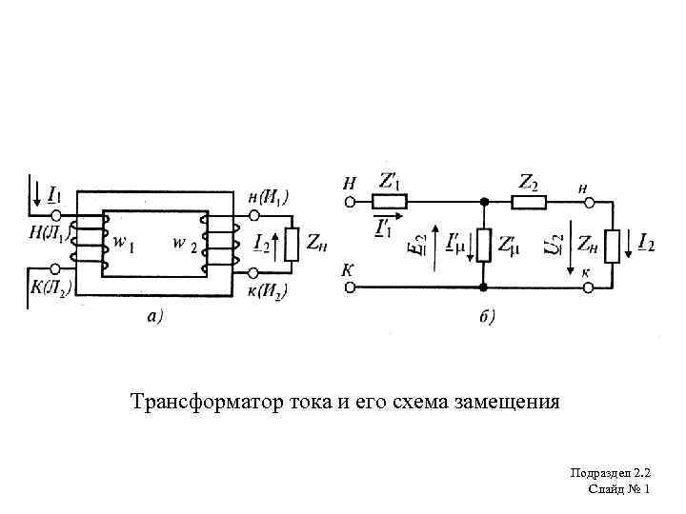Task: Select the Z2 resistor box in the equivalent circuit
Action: pyautogui.click(x=528, y=202)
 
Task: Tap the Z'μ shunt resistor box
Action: pyautogui.click(x=484, y=245)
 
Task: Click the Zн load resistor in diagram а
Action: pyautogui.click(x=292, y=245)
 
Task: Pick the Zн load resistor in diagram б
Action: pyautogui.click(x=611, y=245)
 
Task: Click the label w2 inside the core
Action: pyautogui.click(x=186, y=244)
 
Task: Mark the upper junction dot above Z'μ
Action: pyautogui.click(x=484, y=202)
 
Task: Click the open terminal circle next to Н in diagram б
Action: pyautogui.click(x=350, y=202)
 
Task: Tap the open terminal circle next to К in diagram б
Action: pyautogui.click(x=350, y=287)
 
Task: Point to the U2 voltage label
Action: pyautogui.click(x=555, y=245)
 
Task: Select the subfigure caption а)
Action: pyautogui.click(x=153, y=316)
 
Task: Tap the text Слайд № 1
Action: pyautogui.click(x=619, y=488)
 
